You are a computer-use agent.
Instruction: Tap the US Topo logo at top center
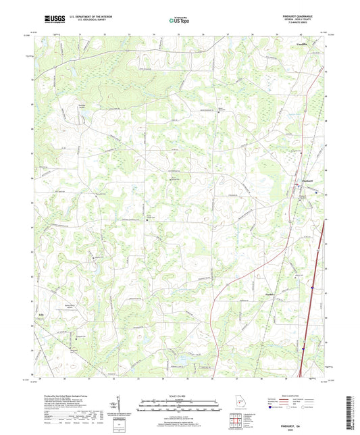click(x=179, y=20)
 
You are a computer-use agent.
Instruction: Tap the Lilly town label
click(x=38, y=313)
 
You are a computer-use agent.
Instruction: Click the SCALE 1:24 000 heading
click(x=180, y=395)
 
